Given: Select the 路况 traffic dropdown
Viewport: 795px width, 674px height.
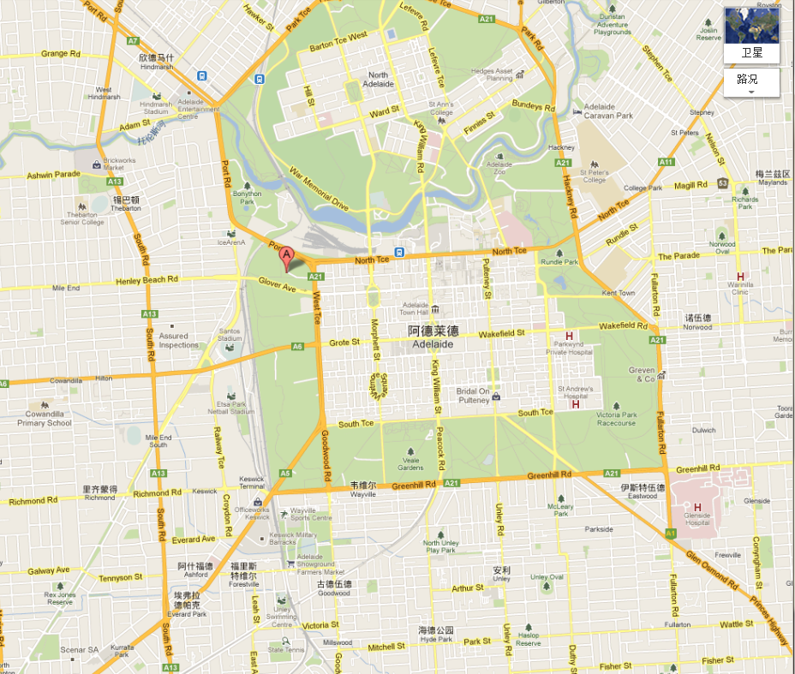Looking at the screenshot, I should [x=751, y=82].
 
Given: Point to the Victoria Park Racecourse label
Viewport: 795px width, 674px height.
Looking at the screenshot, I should [x=616, y=419].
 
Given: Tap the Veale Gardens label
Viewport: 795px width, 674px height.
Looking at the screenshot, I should [x=410, y=464].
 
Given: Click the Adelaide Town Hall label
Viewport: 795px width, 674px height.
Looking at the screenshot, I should [x=415, y=309].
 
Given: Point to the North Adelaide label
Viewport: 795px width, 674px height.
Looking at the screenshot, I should [x=378, y=80].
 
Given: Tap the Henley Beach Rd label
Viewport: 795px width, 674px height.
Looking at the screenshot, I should [x=147, y=279].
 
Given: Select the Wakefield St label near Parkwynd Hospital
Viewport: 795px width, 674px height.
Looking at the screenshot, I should [x=623, y=325].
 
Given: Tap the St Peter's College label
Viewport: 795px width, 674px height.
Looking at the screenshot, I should [x=595, y=176].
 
